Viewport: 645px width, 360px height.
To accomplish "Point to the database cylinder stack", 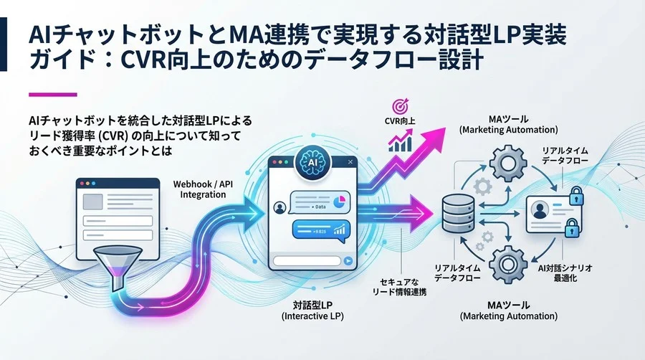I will [x=455, y=214].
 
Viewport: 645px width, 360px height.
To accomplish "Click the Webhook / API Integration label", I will [x=203, y=189].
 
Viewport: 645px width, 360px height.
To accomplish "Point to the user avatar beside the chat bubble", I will [x=280, y=209].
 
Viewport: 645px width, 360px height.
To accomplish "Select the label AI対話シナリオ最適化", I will [x=565, y=270].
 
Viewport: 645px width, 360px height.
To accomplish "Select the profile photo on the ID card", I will [x=540, y=211].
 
